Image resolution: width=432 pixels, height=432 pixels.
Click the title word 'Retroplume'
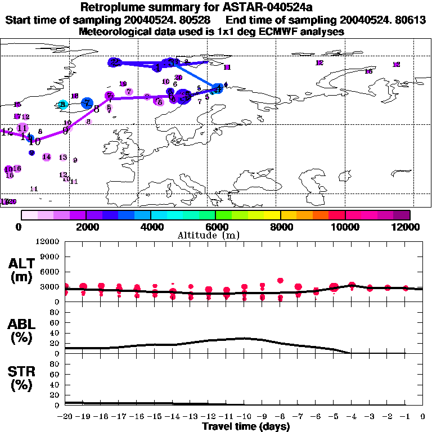coord(112,7)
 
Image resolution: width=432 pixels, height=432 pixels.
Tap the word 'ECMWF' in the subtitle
coord(267,32)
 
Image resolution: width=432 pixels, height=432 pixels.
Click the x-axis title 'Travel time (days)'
coord(246,426)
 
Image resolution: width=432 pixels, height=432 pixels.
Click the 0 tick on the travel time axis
coord(423,416)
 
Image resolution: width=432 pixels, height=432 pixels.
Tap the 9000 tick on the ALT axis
coord(51,256)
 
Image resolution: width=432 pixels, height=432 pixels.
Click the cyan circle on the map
coord(63,105)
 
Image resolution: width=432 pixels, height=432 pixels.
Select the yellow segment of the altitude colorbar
coord(272,215)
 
